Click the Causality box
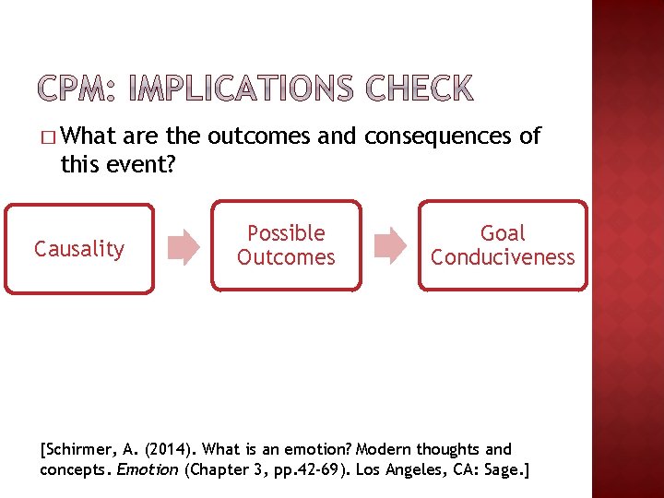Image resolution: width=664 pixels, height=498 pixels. [x=79, y=248]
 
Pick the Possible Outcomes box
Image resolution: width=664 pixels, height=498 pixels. [x=286, y=245]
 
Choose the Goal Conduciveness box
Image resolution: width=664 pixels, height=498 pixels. [x=503, y=245]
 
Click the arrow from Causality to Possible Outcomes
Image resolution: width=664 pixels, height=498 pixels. [x=183, y=247]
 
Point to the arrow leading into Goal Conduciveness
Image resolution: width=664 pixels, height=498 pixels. [x=390, y=246]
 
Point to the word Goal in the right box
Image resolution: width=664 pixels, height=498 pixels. [x=503, y=233]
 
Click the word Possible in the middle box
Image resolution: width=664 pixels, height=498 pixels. [x=286, y=233]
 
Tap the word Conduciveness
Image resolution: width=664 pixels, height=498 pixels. [x=503, y=257]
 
